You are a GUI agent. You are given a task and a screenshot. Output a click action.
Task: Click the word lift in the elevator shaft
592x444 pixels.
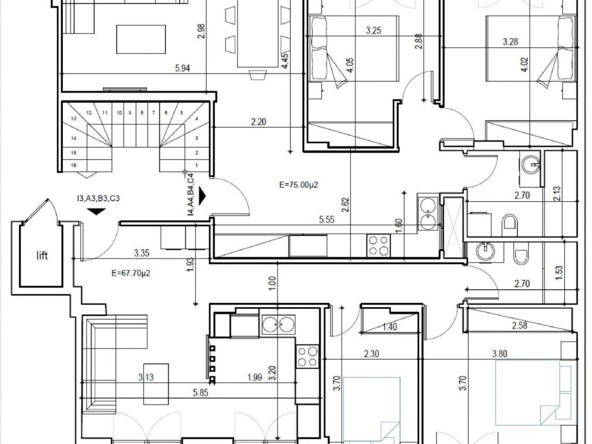coord(42,256)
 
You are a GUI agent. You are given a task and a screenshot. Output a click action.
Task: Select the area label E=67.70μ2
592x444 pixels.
coord(131,273)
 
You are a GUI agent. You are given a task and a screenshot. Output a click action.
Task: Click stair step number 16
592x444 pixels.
coord(73,165)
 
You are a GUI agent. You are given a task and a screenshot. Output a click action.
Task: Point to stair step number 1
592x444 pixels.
coord(197,165)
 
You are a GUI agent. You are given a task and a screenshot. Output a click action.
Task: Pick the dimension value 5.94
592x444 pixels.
coord(182,68)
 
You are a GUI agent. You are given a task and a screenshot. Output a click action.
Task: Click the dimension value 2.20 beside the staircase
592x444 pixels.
coord(258,121)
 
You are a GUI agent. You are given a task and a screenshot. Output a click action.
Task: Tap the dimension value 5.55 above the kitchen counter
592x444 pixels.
coord(326,220)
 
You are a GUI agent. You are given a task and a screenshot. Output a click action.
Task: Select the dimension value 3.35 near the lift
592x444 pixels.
coord(142,253)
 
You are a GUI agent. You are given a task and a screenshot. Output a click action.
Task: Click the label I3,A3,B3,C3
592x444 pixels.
coord(98,198)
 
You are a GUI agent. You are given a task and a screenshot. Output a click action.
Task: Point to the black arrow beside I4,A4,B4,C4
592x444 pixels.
coord(203,197)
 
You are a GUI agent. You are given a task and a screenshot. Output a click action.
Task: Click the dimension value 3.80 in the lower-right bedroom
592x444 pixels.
coord(499,354)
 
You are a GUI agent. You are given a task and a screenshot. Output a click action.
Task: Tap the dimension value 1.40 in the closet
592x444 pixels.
coord(389,326)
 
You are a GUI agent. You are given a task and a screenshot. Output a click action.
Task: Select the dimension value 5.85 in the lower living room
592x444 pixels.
coord(200,393)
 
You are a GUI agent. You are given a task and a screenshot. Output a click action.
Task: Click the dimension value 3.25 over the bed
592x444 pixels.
coord(373,31)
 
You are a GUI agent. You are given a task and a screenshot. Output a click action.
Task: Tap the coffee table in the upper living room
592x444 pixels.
coord(141,39)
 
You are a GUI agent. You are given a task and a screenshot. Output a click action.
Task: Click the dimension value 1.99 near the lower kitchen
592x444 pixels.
coord(255,377)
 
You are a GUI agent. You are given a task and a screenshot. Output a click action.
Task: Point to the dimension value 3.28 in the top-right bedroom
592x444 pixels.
coord(510,42)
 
